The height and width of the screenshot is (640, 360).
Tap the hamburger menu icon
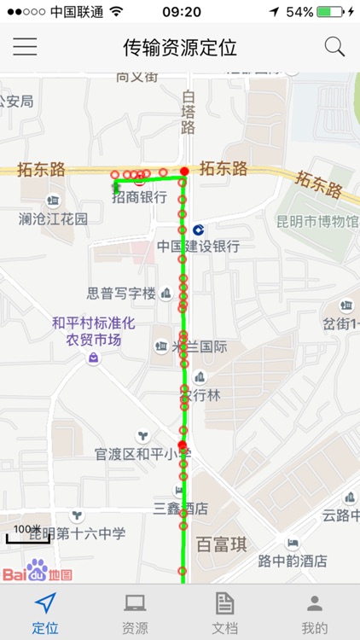pyautogui.click(x=25, y=47)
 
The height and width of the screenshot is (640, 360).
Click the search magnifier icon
pyautogui.click(x=334, y=47)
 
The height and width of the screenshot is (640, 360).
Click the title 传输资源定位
pyautogui.click(x=180, y=47)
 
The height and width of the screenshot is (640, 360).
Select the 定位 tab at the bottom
pyautogui.click(x=45, y=613)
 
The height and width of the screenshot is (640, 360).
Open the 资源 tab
pyautogui.click(x=135, y=613)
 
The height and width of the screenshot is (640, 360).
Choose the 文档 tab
pyautogui.click(x=224, y=613)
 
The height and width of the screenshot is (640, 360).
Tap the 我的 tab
pyautogui.click(x=315, y=613)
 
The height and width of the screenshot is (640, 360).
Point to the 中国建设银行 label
pyautogui.click(x=198, y=246)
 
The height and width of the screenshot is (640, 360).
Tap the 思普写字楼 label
pyautogui.click(x=121, y=294)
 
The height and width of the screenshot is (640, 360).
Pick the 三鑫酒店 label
pyautogui.click(x=181, y=509)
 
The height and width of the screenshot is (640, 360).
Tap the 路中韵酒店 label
pyautogui.click(x=293, y=561)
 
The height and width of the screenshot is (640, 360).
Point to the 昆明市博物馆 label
pyautogui.click(x=317, y=222)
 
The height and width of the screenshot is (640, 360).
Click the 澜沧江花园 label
pyautogui.click(x=53, y=218)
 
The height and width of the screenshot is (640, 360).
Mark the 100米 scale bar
pyautogui.click(x=29, y=534)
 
